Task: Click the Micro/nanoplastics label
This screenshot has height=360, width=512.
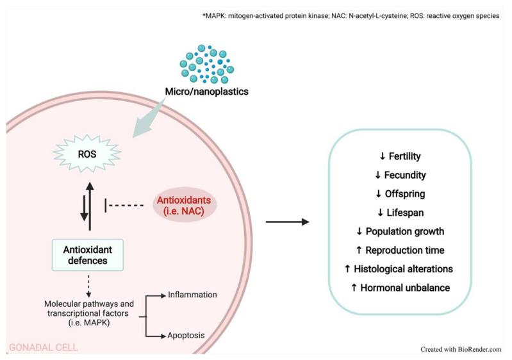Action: click(207, 91)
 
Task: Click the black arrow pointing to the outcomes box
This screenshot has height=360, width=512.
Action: click(286, 222)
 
